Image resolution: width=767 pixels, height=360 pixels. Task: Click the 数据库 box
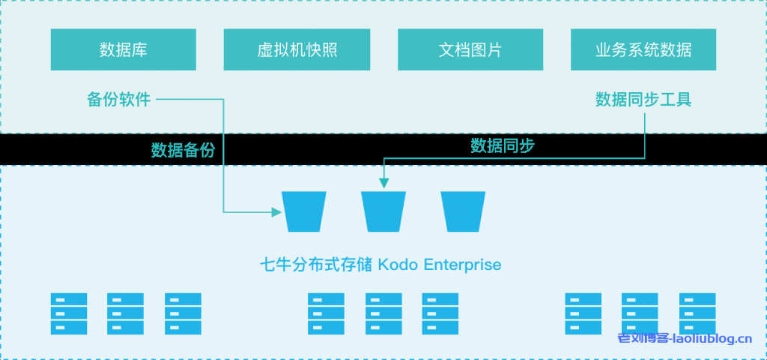124,50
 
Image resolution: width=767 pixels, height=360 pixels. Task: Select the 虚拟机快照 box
297,50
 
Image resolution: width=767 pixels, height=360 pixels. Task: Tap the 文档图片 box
470,50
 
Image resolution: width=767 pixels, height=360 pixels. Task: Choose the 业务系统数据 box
643,50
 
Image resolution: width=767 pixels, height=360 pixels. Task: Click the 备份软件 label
119,99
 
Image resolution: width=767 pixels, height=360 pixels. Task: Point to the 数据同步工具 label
643,99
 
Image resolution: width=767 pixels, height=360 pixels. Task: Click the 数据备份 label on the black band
183,150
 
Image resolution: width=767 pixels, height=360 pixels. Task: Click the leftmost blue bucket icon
303,211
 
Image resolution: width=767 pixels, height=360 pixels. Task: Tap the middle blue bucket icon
383,211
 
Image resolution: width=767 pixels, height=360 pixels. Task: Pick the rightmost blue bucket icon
463,211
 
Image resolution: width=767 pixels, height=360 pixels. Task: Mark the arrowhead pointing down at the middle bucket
383,181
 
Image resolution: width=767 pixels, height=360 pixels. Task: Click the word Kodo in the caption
399,265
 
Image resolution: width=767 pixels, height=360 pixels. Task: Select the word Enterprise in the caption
462,265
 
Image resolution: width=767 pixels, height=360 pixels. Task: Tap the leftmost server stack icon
69,313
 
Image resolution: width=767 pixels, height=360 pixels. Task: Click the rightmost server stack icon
697,313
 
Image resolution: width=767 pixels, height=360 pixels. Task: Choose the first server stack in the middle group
326,313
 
